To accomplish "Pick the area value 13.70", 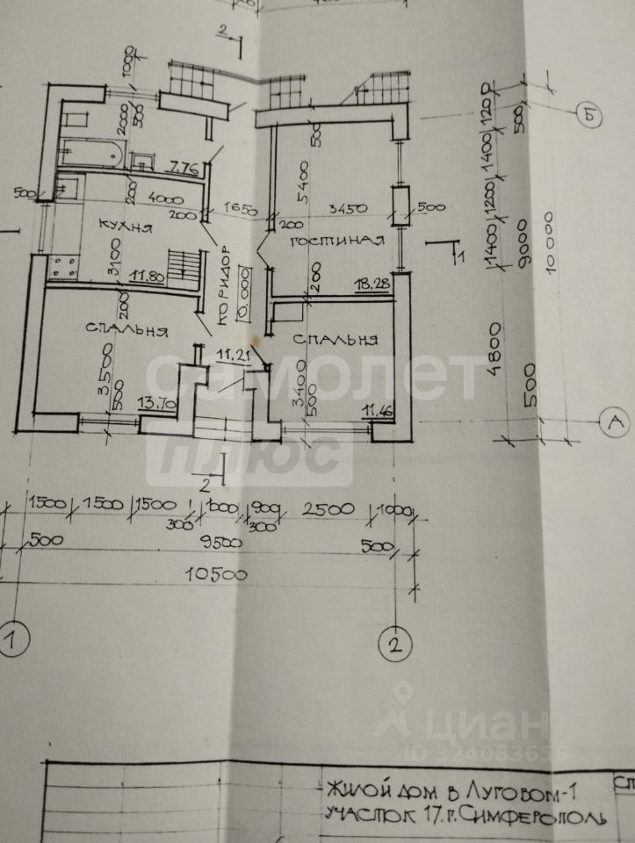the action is pos(158,405).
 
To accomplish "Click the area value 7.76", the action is pos(185,166).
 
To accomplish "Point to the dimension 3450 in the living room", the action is pos(344,211).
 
